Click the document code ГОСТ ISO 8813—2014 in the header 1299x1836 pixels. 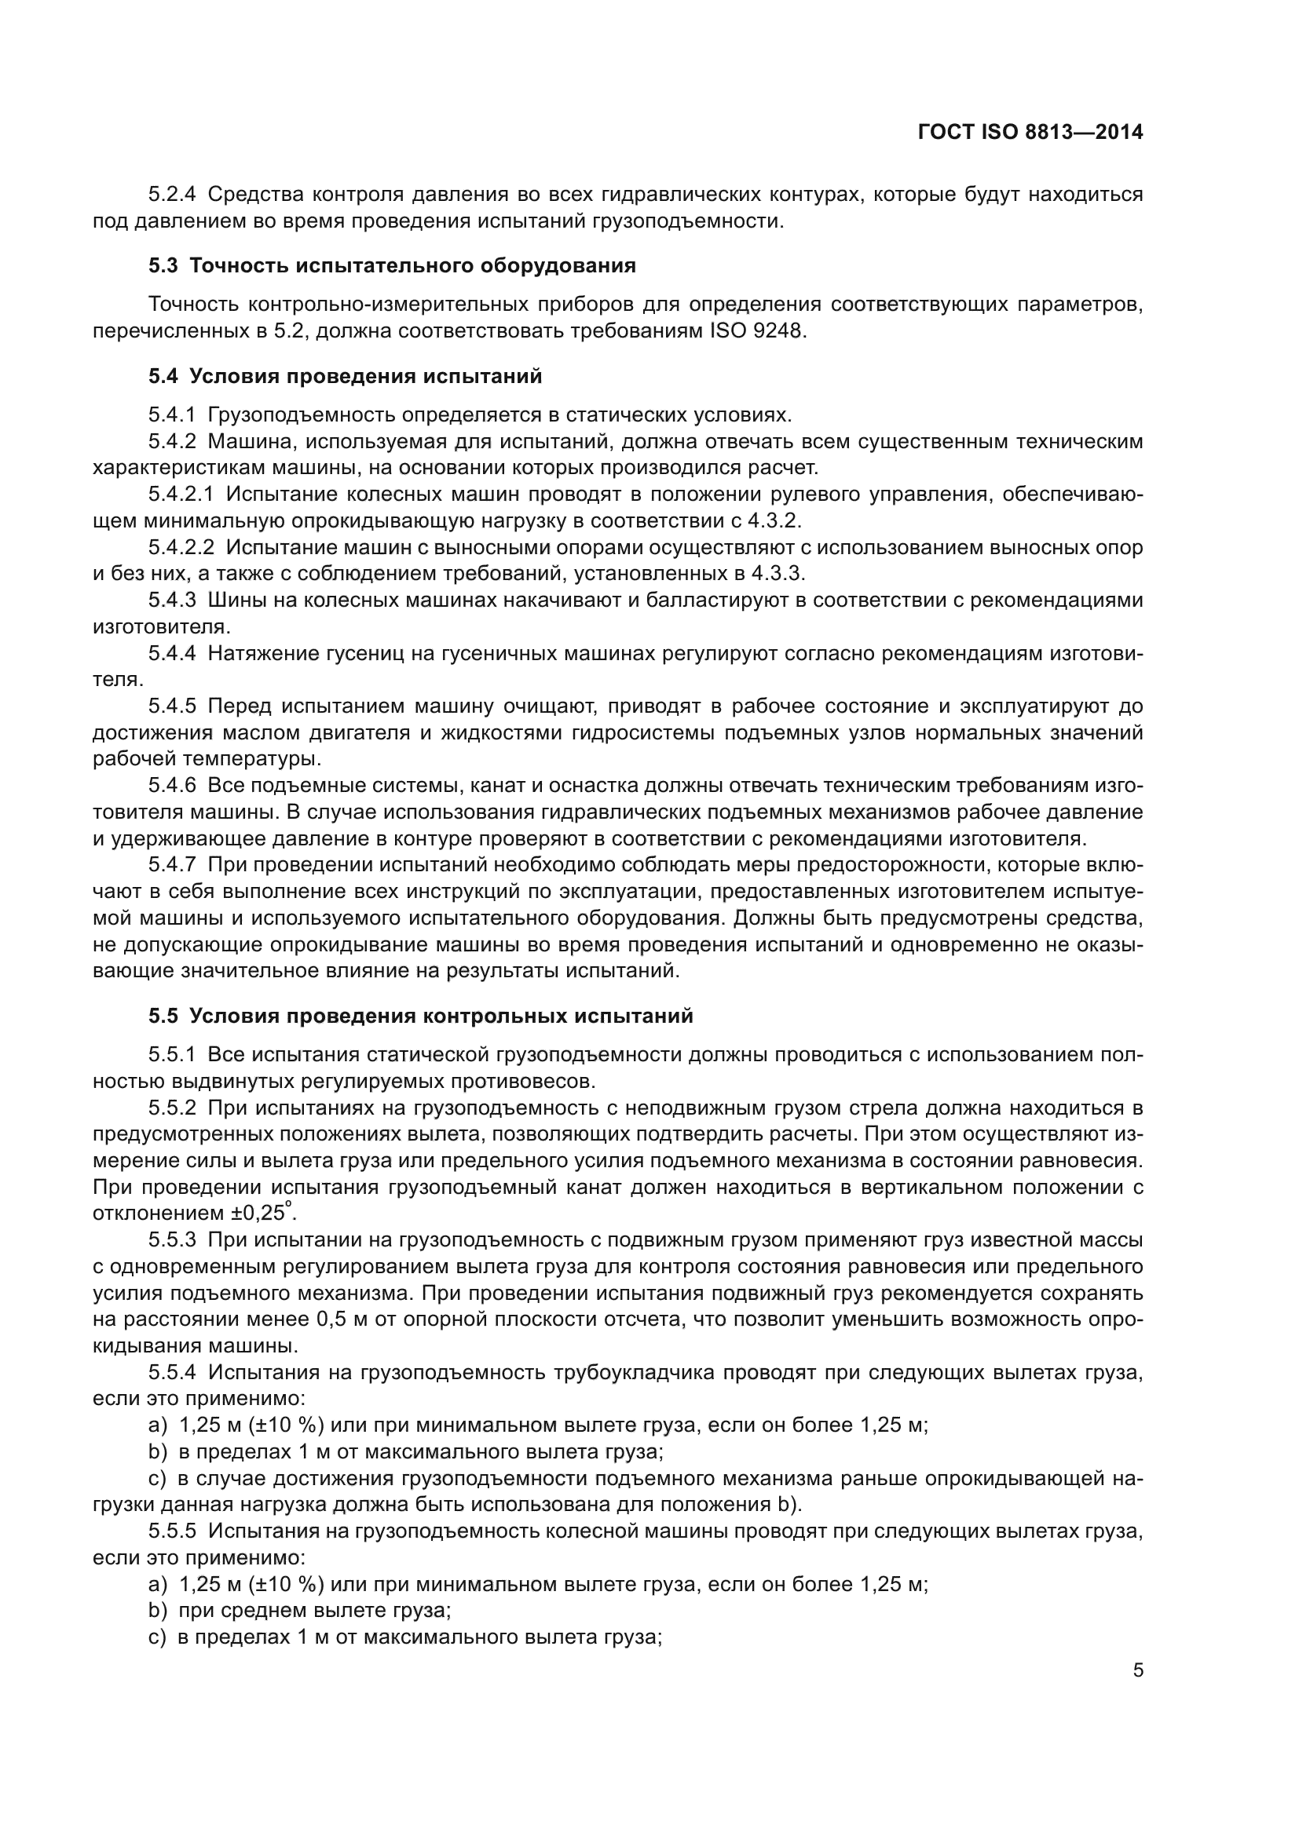pos(1030,133)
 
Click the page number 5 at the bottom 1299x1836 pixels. pos(1137,1670)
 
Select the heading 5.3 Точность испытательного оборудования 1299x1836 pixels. pos(392,266)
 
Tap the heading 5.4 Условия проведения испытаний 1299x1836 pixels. pos(345,377)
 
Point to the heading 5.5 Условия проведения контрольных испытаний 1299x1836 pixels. pos(420,1017)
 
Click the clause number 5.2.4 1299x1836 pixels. pos(172,195)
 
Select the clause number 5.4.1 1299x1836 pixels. pos(172,415)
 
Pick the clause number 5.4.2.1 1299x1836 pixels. pos(181,495)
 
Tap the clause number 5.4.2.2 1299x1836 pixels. pos(181,548)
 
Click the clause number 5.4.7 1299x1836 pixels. pos(172,865)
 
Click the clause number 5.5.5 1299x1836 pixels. pos(172,1531)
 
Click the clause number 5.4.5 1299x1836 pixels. pos(172,707)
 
